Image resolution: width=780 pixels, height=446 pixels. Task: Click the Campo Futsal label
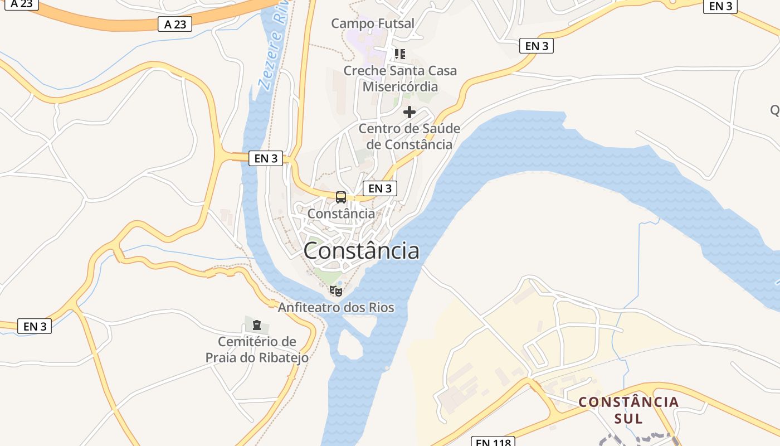tap(373, 23)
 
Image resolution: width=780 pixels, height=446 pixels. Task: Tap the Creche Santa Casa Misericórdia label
tap(400, 79)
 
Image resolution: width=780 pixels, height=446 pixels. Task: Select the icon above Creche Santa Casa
tap(399, 54)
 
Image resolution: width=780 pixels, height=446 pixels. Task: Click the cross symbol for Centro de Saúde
tap(409, 112)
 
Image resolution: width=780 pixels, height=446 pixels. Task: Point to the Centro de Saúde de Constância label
tap(409, 137)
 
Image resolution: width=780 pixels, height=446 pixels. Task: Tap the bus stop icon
tap(341, 197)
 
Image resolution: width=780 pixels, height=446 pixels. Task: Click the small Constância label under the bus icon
tap(341, 214)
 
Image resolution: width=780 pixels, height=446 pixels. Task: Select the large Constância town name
tap(361, 251)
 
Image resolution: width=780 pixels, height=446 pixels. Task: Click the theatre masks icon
tap(335, 290)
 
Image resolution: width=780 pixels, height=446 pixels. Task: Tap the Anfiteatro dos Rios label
tap(336, 308)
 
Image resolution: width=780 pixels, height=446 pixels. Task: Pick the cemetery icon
tap(257, 324)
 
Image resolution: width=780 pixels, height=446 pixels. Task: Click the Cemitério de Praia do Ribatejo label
tap(257, 350)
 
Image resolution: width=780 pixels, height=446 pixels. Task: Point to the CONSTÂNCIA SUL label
tap(628, 410)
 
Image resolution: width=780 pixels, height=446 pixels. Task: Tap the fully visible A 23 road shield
tap(175, 24)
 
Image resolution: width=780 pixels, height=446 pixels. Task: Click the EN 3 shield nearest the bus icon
tap(380, 188)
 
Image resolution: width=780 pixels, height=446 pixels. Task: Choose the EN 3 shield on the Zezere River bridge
tap(266, 158)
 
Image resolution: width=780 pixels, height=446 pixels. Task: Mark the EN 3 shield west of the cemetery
tap(35, 326)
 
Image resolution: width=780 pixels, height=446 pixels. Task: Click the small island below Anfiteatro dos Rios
tap(350, 344)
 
